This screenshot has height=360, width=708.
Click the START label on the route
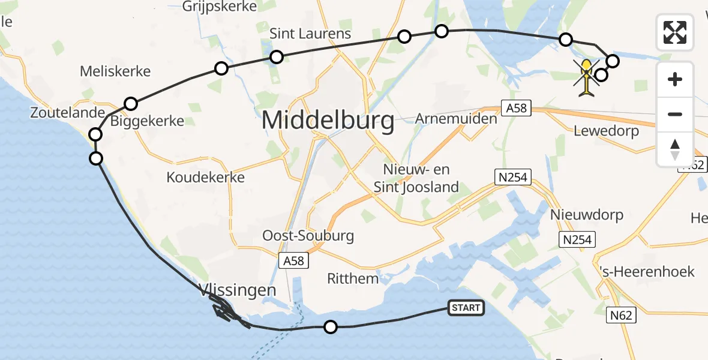(466, 308)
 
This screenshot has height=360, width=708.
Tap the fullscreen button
(675, 32)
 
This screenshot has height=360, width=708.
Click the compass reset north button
(675, 149)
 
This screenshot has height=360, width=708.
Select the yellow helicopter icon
(587, 77)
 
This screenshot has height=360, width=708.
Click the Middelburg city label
(328, 121)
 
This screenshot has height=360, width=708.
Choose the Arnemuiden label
(456, 118)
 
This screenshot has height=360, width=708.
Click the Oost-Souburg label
(308, 235)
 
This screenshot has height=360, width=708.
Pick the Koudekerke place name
(206, 178)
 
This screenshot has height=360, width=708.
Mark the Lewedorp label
(606, 131)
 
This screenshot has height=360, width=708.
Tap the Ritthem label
(353, 278)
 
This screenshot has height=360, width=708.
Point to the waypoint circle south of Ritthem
(330, 327)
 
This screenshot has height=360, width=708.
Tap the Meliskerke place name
(115, 71)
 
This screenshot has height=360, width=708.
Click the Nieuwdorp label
(587, 214)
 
